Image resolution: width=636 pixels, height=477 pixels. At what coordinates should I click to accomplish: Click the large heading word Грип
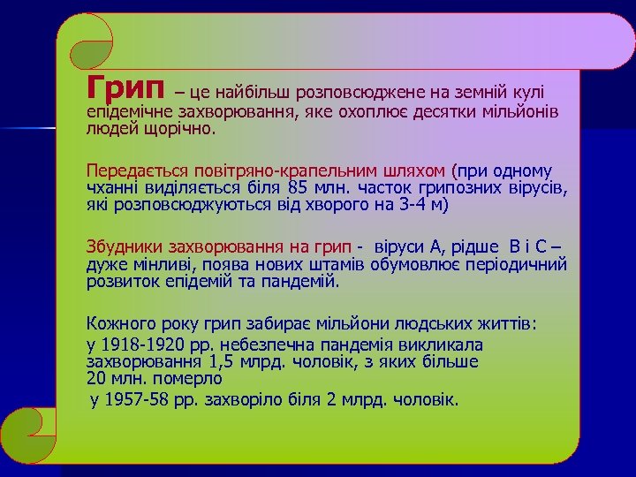(125, 87)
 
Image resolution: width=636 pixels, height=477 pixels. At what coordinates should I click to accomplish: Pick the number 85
(299, 187)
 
